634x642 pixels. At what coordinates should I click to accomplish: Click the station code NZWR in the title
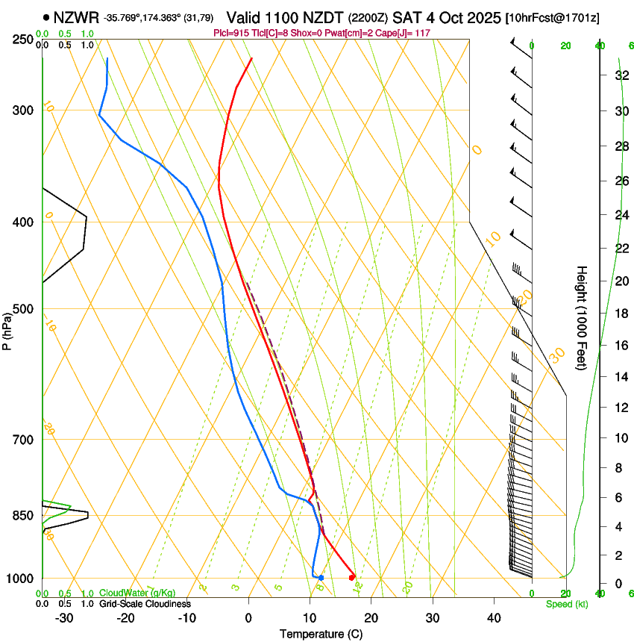tap(77, 17)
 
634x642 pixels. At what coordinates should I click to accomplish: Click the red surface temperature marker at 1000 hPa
tap(352, 577)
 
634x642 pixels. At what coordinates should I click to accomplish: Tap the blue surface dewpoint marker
tap(321, 578)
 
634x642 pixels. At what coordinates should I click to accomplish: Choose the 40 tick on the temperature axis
tap(494, 617)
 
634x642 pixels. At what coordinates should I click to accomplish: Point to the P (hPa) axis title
tap(7, 328)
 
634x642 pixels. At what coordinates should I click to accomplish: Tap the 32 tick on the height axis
tap(621, 75)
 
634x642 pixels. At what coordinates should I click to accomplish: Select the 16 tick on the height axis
tap(621, 346)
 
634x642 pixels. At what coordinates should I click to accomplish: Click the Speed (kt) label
tap(566, 604)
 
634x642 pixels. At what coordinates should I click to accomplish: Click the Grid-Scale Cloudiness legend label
tap(144, 604)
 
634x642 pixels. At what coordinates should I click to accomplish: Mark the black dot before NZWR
tap(47, 17)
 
